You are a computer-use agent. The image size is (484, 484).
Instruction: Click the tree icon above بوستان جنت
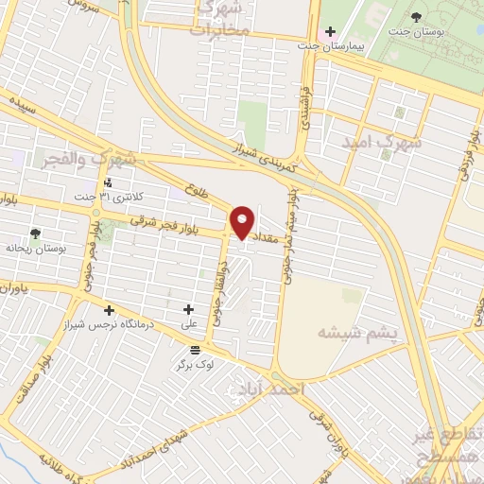tap(416, 16)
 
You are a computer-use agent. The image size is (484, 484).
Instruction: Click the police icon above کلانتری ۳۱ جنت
tap(109, 181)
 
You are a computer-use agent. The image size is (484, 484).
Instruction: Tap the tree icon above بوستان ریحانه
tap(35, 233)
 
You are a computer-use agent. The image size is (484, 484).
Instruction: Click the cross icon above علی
tap(188, 309)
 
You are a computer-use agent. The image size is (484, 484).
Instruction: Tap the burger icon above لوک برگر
tap(195, 350)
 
